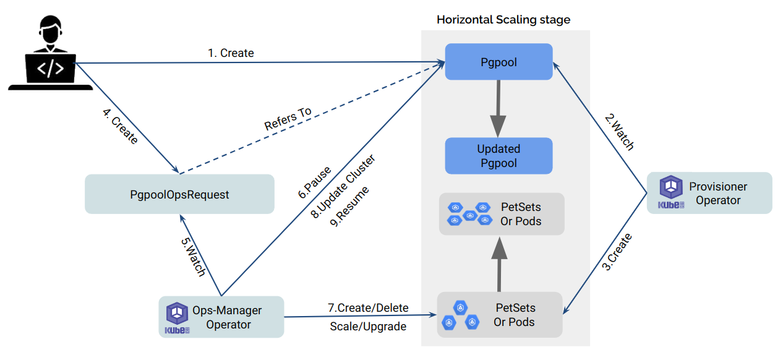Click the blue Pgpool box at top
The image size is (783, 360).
498,62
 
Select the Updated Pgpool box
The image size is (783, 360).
498,156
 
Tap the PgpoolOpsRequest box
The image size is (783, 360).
179,194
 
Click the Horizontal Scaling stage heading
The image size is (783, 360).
503,20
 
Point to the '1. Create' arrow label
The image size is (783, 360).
231,53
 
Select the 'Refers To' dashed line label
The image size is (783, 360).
288,119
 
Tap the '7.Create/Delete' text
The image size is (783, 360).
368,307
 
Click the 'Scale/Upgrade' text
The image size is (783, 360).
368,326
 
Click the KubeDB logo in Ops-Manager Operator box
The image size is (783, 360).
177,317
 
